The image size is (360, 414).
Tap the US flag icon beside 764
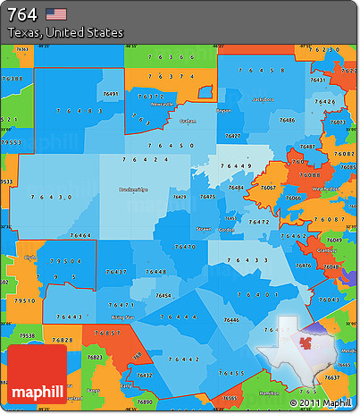click(x=56, y=13)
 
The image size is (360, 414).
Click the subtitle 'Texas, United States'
click(x=65, y=32)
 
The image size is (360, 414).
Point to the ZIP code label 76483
click(x=79, y=111)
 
